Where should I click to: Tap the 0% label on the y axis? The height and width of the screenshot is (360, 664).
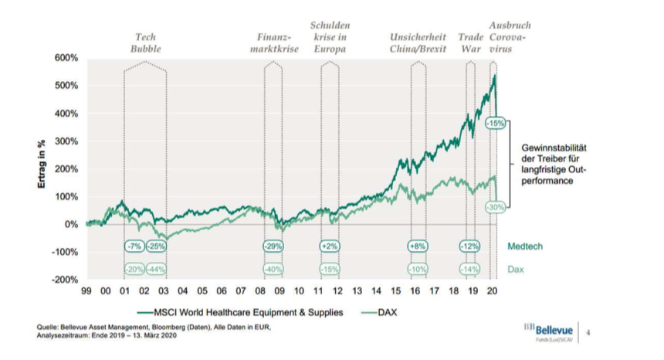click(x=71, y=224)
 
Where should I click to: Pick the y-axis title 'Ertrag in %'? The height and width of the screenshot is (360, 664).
click(x=44, y=169)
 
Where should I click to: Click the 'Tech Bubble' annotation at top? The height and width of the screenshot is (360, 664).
click(x=145, y=42)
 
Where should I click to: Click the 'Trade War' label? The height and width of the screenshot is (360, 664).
click(x=470, y=42)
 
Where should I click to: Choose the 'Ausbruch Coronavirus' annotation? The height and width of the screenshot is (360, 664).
click(x=510, y=37)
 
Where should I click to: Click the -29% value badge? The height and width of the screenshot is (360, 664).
click(x=273, y=246)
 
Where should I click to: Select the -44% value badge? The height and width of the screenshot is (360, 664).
click(x=157, y=269)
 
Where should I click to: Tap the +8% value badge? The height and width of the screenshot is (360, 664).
click(x=418, y=246)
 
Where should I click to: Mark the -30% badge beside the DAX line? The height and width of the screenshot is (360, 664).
click(x=495, y=207)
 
